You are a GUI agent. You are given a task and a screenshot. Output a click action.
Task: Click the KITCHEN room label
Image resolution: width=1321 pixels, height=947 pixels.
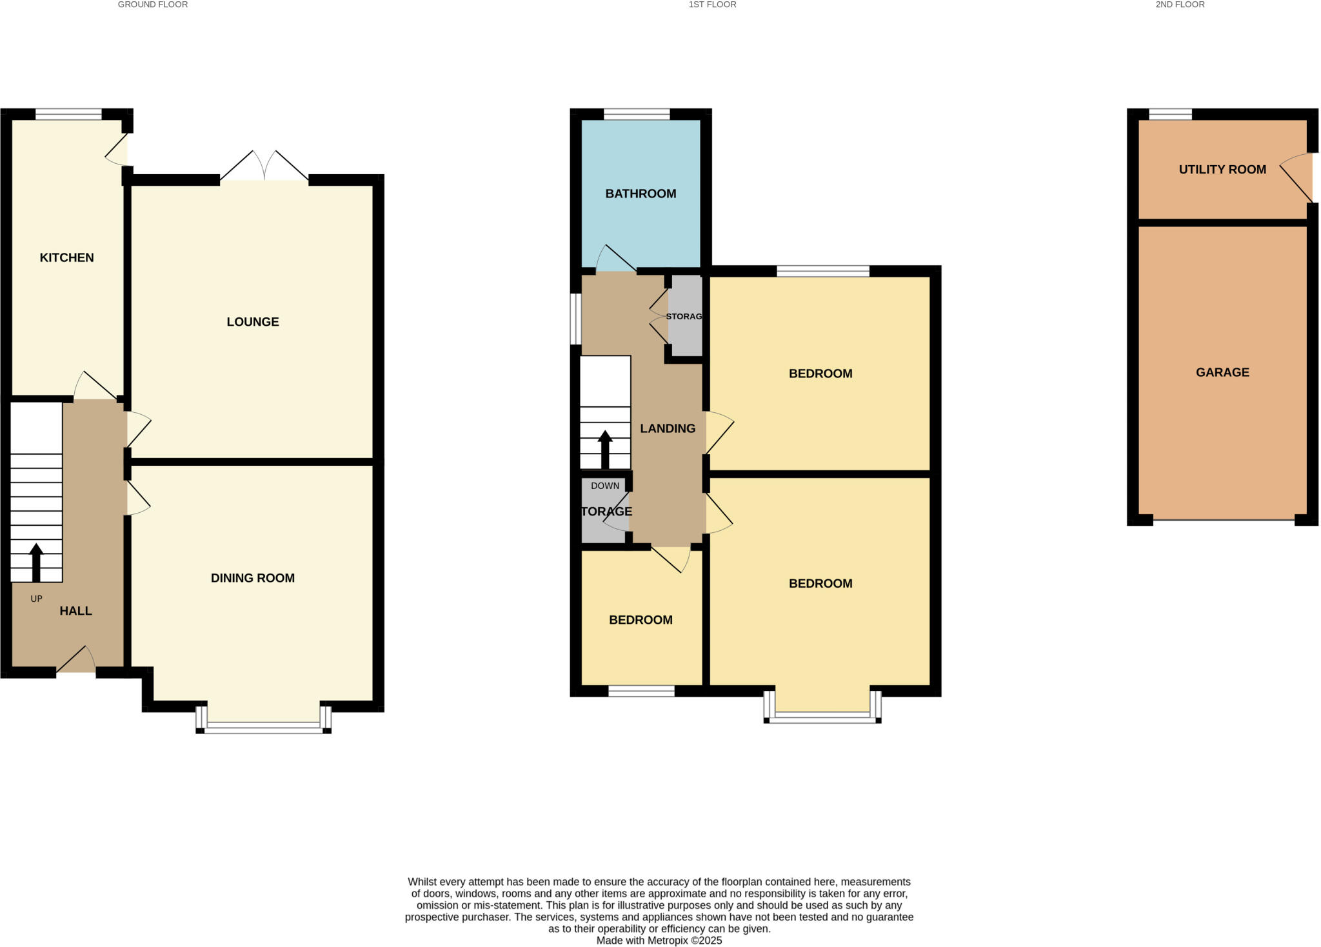(66, 257)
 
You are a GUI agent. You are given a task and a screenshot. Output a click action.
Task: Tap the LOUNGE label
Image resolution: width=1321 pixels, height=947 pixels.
(252, 322)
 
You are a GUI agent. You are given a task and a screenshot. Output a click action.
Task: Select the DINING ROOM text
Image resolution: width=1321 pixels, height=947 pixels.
(252, 578)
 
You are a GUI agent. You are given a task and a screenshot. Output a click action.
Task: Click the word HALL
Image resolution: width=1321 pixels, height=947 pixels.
(75, 611)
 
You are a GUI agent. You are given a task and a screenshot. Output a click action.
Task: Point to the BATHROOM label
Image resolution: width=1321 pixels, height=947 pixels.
(641, 194)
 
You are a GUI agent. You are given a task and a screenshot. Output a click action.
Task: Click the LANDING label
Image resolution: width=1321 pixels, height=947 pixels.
(668, 428)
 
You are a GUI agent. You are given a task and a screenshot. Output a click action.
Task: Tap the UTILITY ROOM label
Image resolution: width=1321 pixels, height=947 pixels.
(1222, 170)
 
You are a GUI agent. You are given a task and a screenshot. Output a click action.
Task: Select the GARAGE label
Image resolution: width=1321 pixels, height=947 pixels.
(1222, 372)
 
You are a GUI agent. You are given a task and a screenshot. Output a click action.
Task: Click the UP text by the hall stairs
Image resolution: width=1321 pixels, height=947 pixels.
(36, 599)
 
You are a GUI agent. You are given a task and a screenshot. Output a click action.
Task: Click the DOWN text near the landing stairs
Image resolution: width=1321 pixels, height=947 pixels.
(604, 486)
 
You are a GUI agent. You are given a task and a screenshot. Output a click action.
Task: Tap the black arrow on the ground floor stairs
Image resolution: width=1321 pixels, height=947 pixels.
(36, 563)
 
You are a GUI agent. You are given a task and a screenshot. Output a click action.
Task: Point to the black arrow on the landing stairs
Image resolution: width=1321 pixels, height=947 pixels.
(604, 449)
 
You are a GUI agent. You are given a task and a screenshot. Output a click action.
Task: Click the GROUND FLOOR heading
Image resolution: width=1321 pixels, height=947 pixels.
(153, 5)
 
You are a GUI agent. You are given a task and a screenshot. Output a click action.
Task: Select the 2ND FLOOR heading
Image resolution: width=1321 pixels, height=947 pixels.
(1180, 5)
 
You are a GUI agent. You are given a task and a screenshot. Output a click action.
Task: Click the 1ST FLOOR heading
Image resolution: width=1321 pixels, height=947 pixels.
(712, 5)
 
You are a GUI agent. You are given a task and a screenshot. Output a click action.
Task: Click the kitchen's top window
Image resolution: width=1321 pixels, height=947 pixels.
(68, 115)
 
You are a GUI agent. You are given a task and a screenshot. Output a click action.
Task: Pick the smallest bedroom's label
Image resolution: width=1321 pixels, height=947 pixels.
(641, 620)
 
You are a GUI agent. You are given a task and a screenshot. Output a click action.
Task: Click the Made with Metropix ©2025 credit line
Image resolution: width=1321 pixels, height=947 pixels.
(659, 941)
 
